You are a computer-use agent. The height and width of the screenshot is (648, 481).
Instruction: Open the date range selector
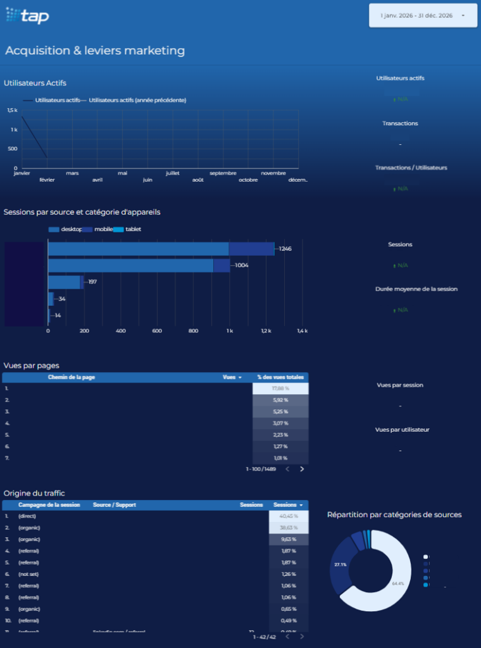click(422, 15)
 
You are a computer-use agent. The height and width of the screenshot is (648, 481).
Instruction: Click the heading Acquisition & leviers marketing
click(95, 51)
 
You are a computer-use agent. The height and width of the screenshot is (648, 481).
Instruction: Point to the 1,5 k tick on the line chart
click(13, 110)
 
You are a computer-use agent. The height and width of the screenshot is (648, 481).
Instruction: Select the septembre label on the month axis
click(223, 173)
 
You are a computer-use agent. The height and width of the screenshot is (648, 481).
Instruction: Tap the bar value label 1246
click(285, 249)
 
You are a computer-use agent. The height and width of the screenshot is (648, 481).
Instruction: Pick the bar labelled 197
click(65, 282)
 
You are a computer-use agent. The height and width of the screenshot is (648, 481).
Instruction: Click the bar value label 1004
click(241, 265)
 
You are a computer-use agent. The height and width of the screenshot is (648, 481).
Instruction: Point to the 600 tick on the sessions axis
click(157, 331)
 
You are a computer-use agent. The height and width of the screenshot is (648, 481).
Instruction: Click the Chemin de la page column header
click(72, 377)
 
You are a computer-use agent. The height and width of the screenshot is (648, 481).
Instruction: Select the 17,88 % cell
click(280, 389)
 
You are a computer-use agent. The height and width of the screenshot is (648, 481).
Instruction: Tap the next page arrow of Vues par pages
click(302, 469)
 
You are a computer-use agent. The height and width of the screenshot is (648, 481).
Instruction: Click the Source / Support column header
click(115, 505)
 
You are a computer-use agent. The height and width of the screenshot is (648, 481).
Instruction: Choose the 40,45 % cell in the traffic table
click(288, 516)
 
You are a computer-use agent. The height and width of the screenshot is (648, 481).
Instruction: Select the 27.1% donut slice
click(340, 564)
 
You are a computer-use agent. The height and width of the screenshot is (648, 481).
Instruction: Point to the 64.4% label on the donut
click(397, 583)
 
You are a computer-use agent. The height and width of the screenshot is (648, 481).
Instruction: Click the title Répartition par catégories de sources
click(394, 514)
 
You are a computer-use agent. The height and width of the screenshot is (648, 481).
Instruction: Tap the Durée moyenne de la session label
click(416, 289)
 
